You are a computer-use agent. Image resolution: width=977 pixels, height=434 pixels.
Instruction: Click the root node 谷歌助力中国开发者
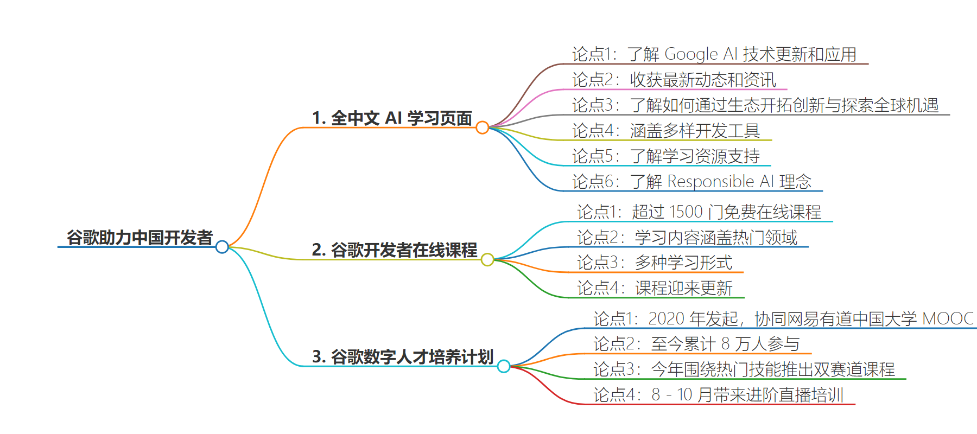coord(139,238)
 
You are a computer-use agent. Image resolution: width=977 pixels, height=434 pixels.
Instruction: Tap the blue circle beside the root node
coord(222,247)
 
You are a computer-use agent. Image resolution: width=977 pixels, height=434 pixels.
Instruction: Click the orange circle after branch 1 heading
coord(482,127)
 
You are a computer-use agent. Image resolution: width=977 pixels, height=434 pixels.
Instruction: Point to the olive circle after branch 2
coord(487,260)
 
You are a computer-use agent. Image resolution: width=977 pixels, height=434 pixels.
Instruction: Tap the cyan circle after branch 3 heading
coord(504,366)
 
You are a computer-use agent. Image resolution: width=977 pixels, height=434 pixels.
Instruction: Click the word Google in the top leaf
coord(691,54)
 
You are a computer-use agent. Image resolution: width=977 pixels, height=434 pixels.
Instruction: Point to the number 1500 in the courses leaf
coord(687,212)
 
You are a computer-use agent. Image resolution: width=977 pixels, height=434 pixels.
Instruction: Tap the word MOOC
coord(948,318)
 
